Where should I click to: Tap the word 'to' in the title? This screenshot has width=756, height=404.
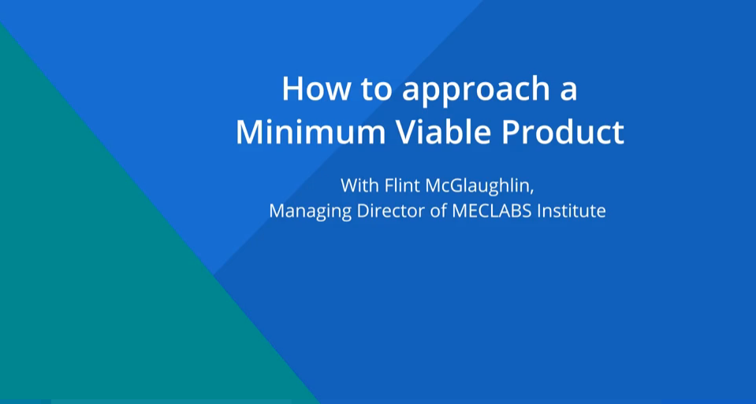[373, 89]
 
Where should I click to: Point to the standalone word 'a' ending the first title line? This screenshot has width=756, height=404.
[568, 90]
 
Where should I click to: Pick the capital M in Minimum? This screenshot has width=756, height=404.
[249, 132]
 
